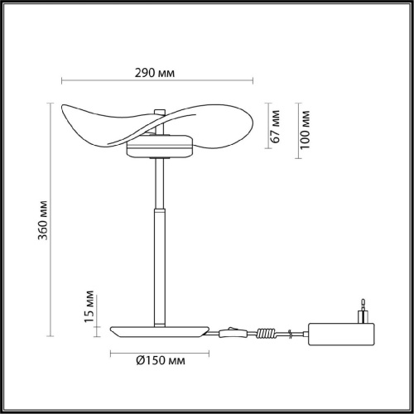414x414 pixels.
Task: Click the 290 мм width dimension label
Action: (x=157, y=72)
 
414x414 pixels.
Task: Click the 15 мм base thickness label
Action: (x=90, y=307)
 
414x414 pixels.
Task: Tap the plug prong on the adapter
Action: (x=362, y=308)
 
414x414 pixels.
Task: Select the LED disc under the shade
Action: (x=161, y=148)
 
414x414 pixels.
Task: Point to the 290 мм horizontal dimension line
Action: (x=157, y=80)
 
